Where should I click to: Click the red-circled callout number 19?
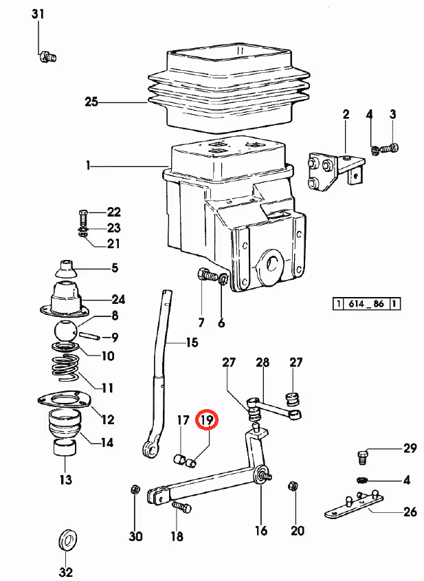pyautogui.click(x=208, y=420)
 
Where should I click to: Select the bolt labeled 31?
pyautogui.click(x=48, y=57)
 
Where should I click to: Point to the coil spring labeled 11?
pyautogui.click(x=65, y=368)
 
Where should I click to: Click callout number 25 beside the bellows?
pyautogui.click(x=91, y=101)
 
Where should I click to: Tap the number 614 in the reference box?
pyautogui.click(x=356, y=304)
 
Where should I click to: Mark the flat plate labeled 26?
pyautogui.click(x=354, y=503)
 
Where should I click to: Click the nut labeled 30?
pyautogui.click(x=135, y=490)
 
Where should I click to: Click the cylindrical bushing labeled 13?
pyautogui.click(x=65, y=448)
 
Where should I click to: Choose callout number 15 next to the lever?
pyautogui.click(x=192, y=342)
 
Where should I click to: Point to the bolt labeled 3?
pyautogui.click(x=389, y=149)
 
